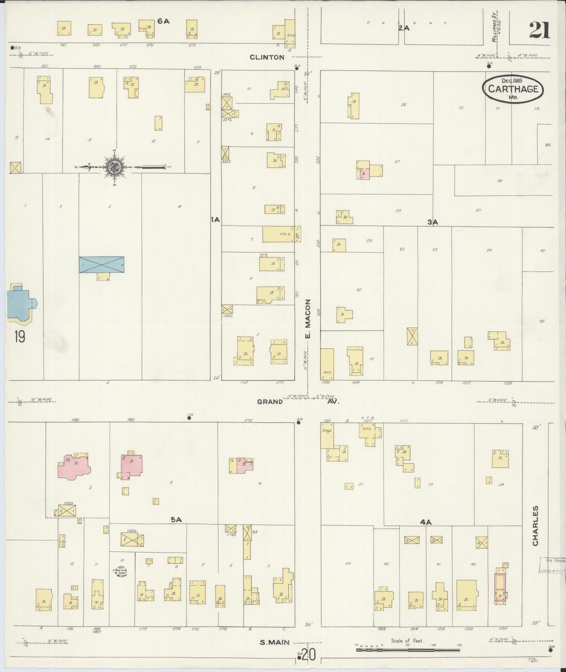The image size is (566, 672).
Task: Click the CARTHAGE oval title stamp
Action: tap(513, 89)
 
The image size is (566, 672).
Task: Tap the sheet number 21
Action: tap(539, 30)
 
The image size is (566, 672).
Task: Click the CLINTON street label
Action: tap(267, 57)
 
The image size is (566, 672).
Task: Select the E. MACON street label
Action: tap(307, 319)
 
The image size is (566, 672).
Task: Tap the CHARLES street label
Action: tap(535, 525)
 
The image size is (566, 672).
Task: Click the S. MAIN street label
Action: tap(275, 642)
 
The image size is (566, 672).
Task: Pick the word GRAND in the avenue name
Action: tap(270, 401)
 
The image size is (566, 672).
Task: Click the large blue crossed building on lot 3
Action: tap(101, 265)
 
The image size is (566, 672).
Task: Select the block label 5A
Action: tap(176, 520)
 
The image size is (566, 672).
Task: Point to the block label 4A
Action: tap(425, 522)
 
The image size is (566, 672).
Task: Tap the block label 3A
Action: tap(432, 222)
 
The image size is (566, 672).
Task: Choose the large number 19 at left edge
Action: tap(19, 336)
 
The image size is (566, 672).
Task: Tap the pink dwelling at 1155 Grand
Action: tap(74, 466)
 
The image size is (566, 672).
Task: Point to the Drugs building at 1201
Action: tap(327, 435)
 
